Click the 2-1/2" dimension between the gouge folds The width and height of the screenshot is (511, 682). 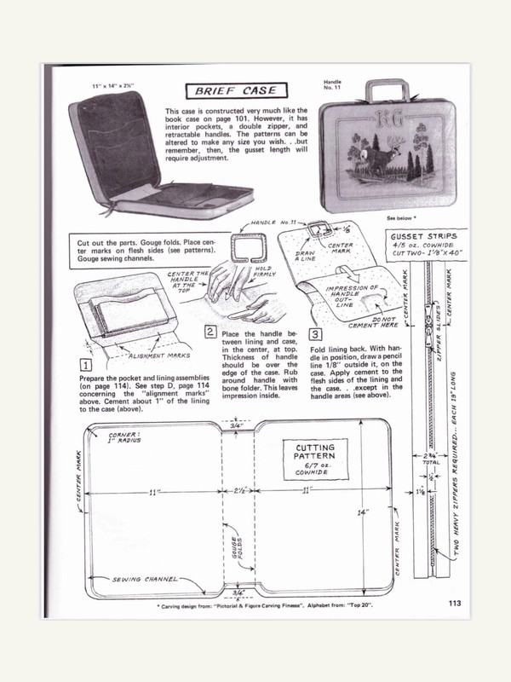click(x=238, y=493)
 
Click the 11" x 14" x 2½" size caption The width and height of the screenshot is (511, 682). click(x=116, y=86)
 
